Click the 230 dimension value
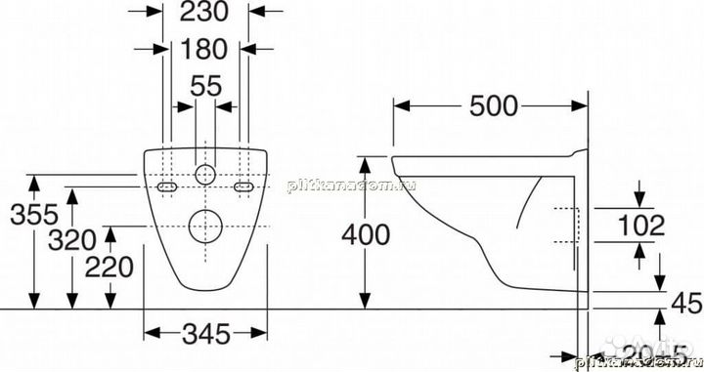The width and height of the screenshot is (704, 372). click(x=203, y=14)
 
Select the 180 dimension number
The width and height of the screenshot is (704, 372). click(x=203, y=48)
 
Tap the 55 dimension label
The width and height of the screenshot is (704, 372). click(x=205, y=87)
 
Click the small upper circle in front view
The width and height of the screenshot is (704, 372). click(x=204, y=176)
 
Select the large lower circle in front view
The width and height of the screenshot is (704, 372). click(x=204, y=227)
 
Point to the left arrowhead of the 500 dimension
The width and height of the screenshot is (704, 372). click(x=398, y=107)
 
